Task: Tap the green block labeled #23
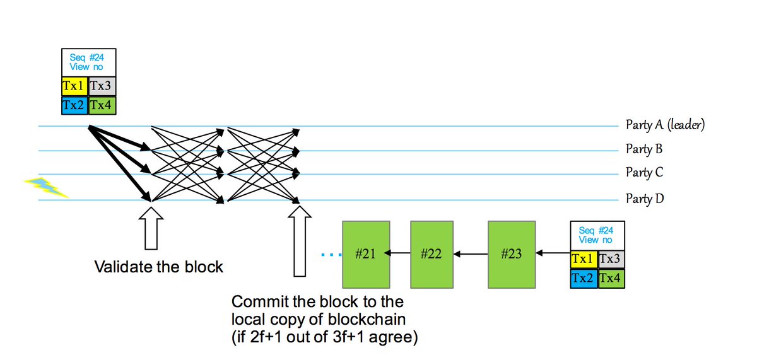click(x=511, y=254)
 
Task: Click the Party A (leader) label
click(x=664, y=124)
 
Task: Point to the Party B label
click(x=643, y=149)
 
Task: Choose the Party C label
click(x=643, y=172)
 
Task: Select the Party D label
click(x=644, y=199)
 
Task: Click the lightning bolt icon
click(x=46, y=187)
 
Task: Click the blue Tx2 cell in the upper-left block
click(x=75, y=105)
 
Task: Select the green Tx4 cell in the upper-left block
click(x=102, y=105)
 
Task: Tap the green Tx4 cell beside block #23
click(x=611, y=278)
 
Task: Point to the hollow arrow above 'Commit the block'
click(x=300, y=243)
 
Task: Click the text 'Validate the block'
click(x=158, y=267)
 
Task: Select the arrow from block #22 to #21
click(x=397, y=254)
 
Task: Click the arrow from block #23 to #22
click(x=471, y=254)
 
